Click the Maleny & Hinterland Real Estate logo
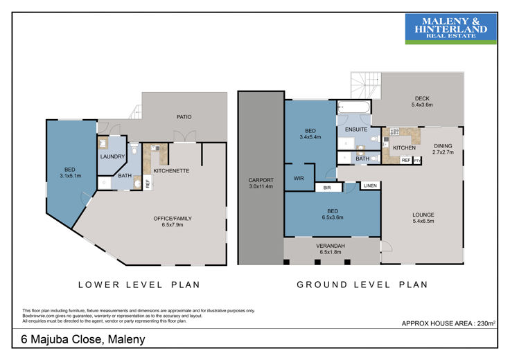[x=451, y=28]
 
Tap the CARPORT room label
[x=261, y=180]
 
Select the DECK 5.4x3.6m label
[x=422, y=101]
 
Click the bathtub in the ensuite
[x=354, y=107]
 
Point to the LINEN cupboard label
[x=370, y=186]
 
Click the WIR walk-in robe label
[x=299, y=178]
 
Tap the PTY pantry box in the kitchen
[x=417, y=161]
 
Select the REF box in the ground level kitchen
[x=406, y=160]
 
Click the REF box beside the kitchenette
[x=148, y=183]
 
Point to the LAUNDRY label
[x=112, y=156]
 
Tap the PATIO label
[x=184, y=116]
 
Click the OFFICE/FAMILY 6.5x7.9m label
[x=173, y=222]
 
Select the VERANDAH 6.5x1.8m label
[x=331, y=249]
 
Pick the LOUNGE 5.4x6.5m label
[x=423, y=217]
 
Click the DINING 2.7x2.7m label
[x=443, y=149]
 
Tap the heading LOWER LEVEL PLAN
[x=139, y=285]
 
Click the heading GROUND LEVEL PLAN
[x=362, y=285]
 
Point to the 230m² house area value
[x=486, y=323]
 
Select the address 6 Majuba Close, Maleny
[x=83, y=339]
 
